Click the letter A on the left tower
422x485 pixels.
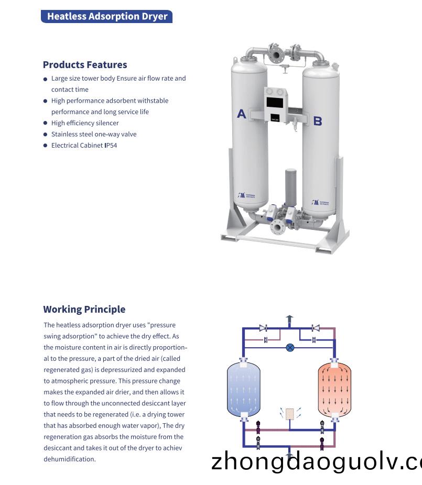[241, 114]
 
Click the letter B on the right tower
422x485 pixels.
[317, 121]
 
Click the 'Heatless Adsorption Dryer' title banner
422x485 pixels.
[106, 16]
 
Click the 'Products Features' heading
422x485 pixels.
[85, 65]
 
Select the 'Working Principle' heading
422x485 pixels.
[84, 309]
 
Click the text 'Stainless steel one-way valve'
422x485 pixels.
[93, 134]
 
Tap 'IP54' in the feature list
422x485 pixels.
[111, 146]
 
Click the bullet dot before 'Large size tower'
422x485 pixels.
[46, 79]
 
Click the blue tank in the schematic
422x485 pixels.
[243, 388]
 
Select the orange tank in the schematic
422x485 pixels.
[334, 388]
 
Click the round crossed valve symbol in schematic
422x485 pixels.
[290, 347]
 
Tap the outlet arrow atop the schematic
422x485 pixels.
[289, 319]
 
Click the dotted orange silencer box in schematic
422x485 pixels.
[289, 413]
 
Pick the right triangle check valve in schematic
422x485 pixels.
[316, 328]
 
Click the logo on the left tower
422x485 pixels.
[245, 196]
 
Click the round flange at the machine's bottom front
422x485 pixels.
[276, 227]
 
